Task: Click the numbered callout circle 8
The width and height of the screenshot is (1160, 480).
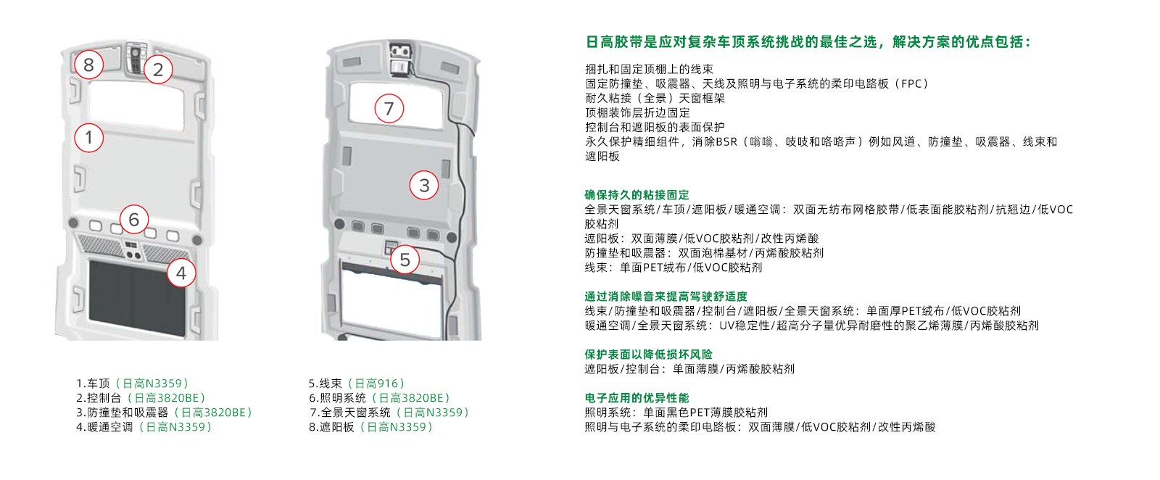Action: [88, 65]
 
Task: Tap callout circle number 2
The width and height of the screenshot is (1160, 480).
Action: [158, 70]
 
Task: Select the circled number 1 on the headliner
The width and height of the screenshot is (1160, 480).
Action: [88, 137]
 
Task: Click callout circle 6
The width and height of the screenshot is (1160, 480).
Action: [133, 219]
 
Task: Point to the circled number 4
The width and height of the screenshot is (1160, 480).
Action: [181, 273]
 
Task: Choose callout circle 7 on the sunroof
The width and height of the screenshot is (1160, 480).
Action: [389, 108]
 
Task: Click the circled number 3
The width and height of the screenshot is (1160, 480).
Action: [424, 185]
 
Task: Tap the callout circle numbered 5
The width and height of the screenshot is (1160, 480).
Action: [405, 260]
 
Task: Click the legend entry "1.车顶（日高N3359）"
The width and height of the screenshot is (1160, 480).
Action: [133, 384]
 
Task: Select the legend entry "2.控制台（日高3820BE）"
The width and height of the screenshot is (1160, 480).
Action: [141, 398]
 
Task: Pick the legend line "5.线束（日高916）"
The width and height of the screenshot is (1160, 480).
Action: [357, 384]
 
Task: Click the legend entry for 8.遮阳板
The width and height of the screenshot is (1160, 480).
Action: [371, 427]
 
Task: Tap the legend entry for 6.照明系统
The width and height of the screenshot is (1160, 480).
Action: [380, 398]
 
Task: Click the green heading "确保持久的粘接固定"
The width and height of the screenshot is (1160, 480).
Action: [637, 194]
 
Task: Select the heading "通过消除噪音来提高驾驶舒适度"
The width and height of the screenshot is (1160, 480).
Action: [666, 296]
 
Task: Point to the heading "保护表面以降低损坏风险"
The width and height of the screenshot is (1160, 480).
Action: [648, 354]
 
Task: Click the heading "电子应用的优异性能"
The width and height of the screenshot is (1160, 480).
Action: [637, 397]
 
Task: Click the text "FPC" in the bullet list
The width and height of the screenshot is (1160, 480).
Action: [911, 83]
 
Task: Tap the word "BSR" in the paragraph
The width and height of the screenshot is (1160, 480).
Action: [726, 141]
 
